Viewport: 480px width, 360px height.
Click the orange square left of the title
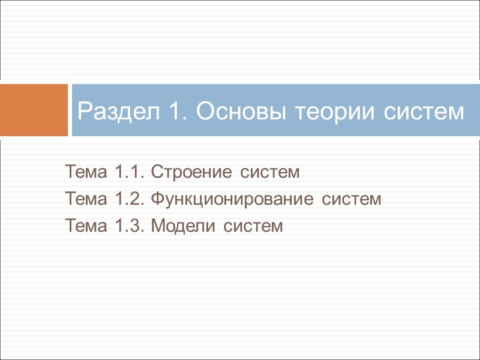pyautogui.click(x=34, y=110)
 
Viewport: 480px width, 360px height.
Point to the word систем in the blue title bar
pyautogui.click(x=418, y=111)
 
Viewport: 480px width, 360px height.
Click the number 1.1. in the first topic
pyautogui.click(x=127, y=173)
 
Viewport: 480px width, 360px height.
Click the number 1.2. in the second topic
pyautogui.click(x=127, y=199)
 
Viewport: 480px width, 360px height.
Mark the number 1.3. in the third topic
pyautogui.click(x=127, y=226)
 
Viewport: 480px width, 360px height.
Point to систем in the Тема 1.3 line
pyautogui.click(x=251, y=226)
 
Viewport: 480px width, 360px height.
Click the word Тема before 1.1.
pyautogui.click(x=86, y=173)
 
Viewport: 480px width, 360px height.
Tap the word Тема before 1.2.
pyautogui.click(x=86, y=199)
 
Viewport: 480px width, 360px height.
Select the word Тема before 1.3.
pyautogui.click(x=86, y=226)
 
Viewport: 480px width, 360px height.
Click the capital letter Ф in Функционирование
pyautogui.click(x=155, y=199)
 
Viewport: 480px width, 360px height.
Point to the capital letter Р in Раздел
pyautogui.click(x=83, y=111)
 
